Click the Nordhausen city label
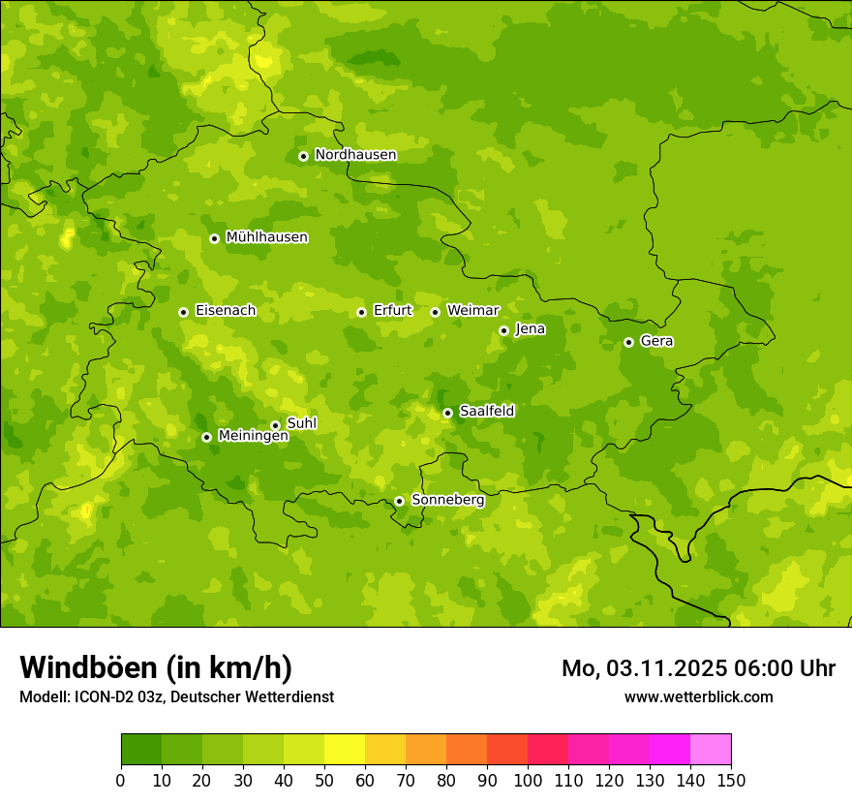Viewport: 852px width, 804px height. click(355, 155)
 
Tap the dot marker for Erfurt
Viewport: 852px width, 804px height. click(361, 312)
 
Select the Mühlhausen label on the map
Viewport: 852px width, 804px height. click(266, 237)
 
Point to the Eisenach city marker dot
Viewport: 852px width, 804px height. click(183, 312)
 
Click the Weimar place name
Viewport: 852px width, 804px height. click(472, 310)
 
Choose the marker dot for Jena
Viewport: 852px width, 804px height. click(503, 330)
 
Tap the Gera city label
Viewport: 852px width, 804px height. click(656, 341)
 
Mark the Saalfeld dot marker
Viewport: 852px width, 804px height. click(447, 413)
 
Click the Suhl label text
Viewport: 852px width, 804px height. click(301, 423)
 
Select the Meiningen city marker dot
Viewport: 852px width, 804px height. click(206, 437)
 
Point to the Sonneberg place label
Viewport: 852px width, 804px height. click(447, 500)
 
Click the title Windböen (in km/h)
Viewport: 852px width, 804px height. click(156, 667)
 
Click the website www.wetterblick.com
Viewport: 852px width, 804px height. click(698, 696)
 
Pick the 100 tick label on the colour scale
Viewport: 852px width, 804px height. click(528, 781)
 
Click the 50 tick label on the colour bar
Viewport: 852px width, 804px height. click(324, 781)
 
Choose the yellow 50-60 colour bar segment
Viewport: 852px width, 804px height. click(345, 750)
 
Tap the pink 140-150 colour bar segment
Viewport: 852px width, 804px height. click(711, 750)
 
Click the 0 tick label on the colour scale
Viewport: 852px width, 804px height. click(121, 781)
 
